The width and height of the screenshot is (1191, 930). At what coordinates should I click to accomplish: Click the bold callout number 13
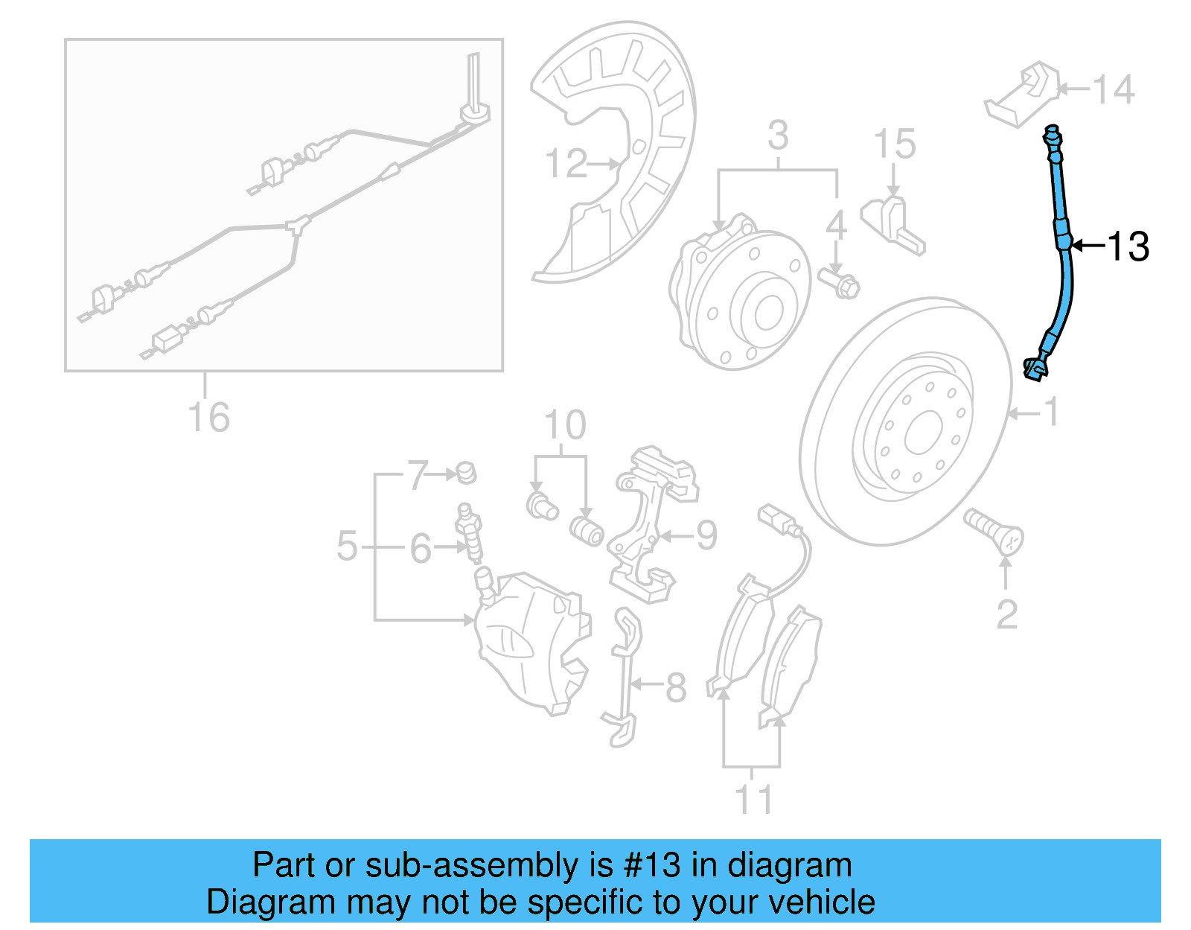[x=1128, y=246]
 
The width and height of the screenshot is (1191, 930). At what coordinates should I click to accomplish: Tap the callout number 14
[x=1114, y=89]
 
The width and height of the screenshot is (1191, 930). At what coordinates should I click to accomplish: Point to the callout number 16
[x=208, y=417]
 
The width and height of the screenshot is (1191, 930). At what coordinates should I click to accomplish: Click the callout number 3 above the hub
[x=778, y=136]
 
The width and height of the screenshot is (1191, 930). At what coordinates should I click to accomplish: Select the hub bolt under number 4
[x=839, y=284]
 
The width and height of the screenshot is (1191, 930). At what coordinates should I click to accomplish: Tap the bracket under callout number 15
[x=893, y=223]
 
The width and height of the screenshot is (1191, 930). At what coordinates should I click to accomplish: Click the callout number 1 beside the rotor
[x=1050, y=412]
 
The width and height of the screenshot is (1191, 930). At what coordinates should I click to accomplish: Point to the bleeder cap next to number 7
[x=467, y=472]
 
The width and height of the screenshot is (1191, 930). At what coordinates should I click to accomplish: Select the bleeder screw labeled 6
[x=469, y=532]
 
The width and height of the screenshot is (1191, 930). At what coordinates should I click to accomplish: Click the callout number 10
[x=564, y=425]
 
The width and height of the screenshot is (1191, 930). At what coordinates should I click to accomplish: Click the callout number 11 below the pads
[x=753, y=799]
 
